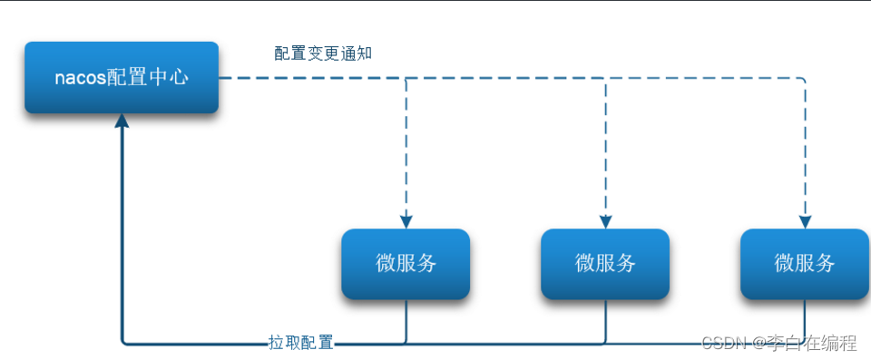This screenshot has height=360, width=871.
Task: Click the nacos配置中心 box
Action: [x=122, y=77]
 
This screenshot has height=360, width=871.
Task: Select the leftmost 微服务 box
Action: [x=406, y=264]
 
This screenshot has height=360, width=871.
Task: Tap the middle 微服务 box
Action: [x=605, y=264]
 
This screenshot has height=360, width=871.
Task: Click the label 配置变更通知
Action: [x=323, y=54]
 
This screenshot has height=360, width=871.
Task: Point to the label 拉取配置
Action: [x=301, y=343]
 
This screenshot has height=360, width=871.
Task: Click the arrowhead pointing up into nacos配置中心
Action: [x=122, y=122]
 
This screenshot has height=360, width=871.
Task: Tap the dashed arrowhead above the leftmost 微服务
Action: [x=406, y=221]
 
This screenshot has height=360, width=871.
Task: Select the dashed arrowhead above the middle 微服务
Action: [x=606, y=221]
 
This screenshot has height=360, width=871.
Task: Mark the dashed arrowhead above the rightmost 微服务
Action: [x=805, y=221]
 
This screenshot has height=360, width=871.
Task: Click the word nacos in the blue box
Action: [x=81, y=78]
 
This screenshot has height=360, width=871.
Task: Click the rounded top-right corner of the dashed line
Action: [x=802, y=81]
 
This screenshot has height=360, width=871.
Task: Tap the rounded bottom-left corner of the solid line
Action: [x=125, y=342]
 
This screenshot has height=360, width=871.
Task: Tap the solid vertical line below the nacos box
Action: [x=122, y=236]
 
